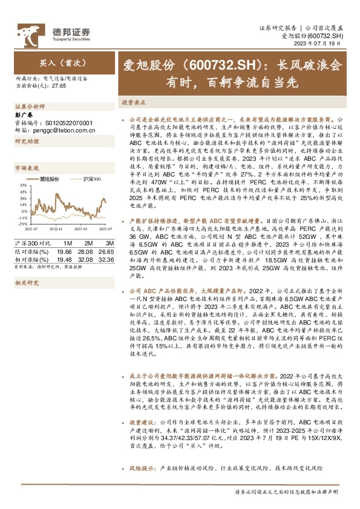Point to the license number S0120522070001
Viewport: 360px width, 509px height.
67,122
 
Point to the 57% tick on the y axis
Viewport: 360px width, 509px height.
22,186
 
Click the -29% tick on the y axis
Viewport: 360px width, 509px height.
22,224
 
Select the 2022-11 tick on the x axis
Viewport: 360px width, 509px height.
56,229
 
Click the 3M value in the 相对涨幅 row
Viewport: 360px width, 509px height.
105,258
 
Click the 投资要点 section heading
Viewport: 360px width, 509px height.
133,102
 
